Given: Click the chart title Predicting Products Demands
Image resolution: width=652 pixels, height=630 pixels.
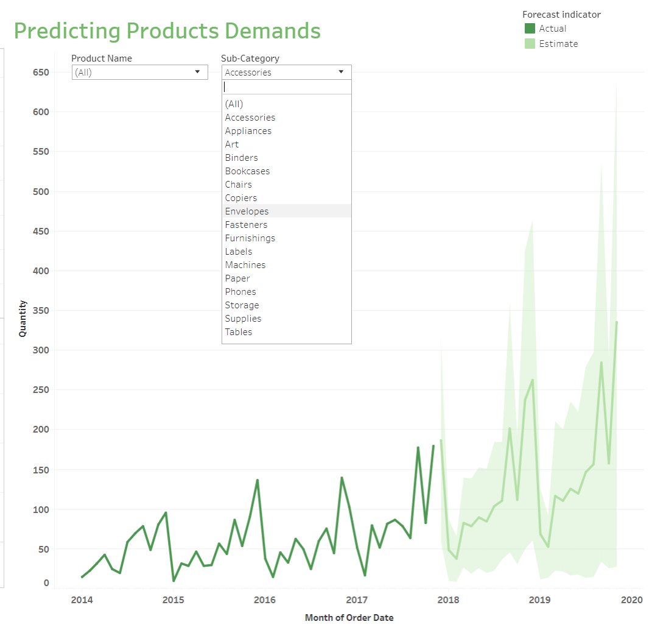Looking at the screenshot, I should [167, 30].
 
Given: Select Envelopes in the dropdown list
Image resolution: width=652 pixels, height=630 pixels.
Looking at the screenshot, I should [247, 211].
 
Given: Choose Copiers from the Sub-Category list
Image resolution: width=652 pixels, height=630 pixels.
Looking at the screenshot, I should [241, 198].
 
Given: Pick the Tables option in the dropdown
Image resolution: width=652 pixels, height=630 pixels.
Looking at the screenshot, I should [239, 332].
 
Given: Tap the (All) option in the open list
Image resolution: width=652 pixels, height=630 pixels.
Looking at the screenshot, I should [234, 104].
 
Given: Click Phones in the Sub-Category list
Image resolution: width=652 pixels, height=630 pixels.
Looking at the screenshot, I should [240, 292].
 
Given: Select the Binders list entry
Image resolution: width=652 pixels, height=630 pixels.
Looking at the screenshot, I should [241, 158].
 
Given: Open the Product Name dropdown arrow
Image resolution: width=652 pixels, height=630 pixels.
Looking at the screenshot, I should [197, 72].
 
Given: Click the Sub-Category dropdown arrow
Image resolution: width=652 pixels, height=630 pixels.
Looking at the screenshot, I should [341, 72].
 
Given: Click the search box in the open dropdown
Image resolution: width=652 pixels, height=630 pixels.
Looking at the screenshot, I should [286, 87].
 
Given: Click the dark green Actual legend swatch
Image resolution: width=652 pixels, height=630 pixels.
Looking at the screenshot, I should [530, 29].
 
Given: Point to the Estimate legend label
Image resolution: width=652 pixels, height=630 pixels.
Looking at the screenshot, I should [558, 44].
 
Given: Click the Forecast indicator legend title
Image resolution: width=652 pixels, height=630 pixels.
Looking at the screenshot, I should [561, 15].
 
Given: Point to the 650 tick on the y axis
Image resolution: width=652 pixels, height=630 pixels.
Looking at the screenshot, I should [41, 72].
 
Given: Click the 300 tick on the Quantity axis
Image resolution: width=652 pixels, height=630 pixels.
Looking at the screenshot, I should [41, 350].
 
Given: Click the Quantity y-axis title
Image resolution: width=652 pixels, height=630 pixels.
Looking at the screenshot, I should [23, 318].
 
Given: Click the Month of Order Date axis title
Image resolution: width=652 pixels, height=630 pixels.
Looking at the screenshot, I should [349, 618].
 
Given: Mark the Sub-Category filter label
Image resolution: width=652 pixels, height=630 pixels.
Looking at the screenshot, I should [250, 58].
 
